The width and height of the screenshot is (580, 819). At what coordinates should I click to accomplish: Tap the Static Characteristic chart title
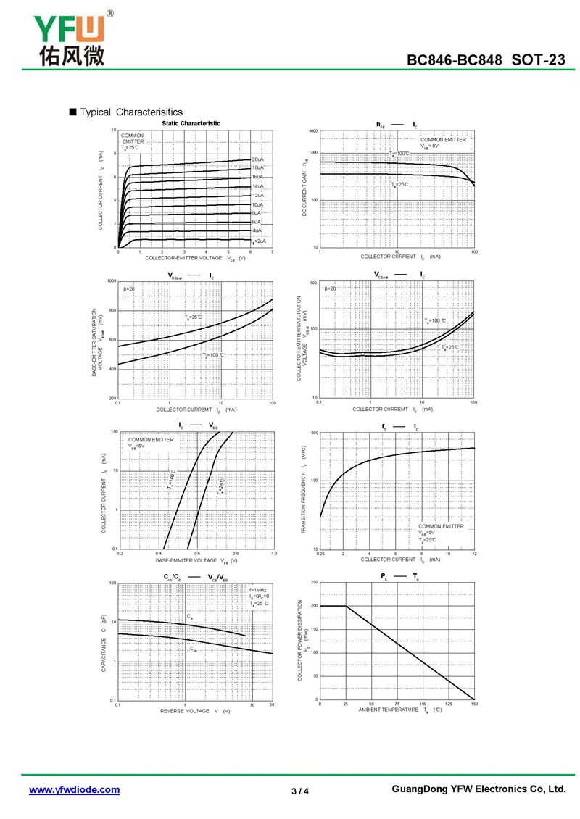pyautogui.click(x=191, y=124)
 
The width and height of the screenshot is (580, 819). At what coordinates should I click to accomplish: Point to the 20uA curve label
pyautogui.click(x=257, y=159)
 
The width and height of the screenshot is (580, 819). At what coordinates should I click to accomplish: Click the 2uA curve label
pyautogui.click(x=259, y=241)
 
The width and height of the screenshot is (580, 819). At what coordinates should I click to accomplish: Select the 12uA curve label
pyautogui.click(x=257, y=196)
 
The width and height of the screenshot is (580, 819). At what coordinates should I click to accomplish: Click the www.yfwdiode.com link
pyautogui.click(x=74, y=790)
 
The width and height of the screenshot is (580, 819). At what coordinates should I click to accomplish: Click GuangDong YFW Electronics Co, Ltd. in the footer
pyautogui.click(x=478, y=789)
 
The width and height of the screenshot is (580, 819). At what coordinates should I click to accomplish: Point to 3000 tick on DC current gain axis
pyautogui.click(x=313, y=131)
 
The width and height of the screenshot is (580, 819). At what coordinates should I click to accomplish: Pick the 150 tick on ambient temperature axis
pyautogui.click(x=474, y=704)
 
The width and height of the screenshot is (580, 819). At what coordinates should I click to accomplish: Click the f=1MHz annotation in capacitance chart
pyautogui.click(x=258, y=590)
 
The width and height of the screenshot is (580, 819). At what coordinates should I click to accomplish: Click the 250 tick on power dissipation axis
pyautogui.click(x=314, y=583)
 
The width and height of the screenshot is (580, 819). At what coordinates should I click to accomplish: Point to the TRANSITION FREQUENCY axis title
pyautogui.click(x=303, y=491)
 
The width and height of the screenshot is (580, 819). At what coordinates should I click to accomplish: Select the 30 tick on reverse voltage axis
pyautogui.click(x=272, y=704)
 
